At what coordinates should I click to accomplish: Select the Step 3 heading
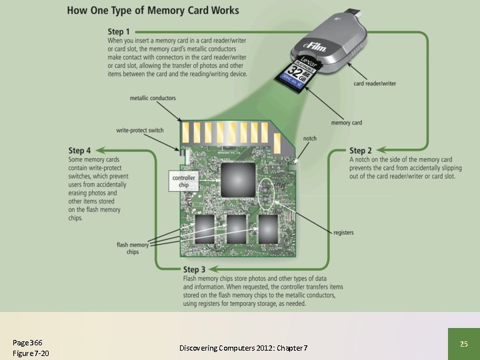[199, 269]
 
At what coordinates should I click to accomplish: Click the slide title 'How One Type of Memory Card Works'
[153, 11]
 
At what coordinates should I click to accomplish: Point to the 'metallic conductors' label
[153, 98]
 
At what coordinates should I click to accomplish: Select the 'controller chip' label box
[183, 181]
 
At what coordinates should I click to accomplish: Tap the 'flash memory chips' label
[133, 249]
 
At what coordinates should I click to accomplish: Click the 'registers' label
[343, 233]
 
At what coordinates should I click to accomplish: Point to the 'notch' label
[310, 139]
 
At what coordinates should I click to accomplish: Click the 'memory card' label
[346, 123]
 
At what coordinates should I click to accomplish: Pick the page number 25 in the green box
[464, 343]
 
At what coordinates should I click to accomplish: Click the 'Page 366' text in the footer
[27, 342]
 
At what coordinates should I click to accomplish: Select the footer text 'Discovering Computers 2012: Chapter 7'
[243, 348]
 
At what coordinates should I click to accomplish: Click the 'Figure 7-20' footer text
[31, 353]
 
